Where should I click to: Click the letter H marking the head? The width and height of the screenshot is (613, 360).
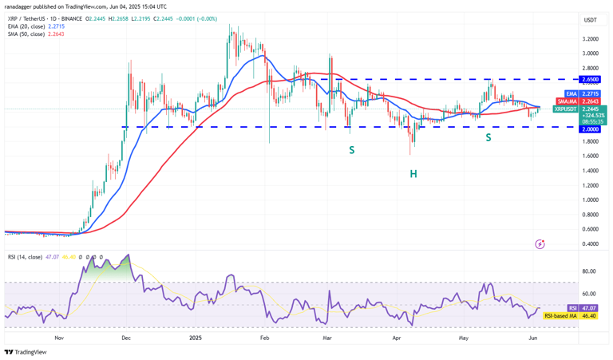[x=413, y=173]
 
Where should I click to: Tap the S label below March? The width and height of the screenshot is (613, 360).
[x=350, y=149]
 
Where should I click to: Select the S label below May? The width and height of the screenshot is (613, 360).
[x=488, y=137]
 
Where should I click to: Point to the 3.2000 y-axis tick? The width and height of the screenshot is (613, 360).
[x=591, y=38]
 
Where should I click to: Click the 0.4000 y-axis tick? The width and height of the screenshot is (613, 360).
[x=591, y=243]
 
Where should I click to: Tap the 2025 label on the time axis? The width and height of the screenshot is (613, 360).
[x=196, y=338]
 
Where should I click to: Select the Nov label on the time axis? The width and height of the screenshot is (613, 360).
[x=59, y=338]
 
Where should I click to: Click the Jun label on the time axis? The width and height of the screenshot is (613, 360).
[x=532, y=338]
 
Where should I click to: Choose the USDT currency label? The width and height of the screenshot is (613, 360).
[x=591, y=20]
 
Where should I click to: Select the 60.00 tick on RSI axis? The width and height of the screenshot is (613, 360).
[x=591, y=294]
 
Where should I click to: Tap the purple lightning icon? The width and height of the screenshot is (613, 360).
[x=540, y=243]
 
